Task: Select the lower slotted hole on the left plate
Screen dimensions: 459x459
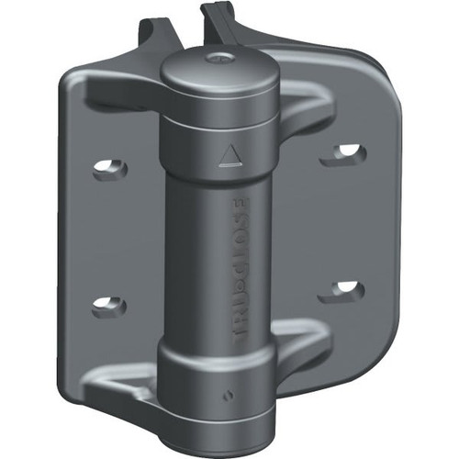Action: tap(107, 304)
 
